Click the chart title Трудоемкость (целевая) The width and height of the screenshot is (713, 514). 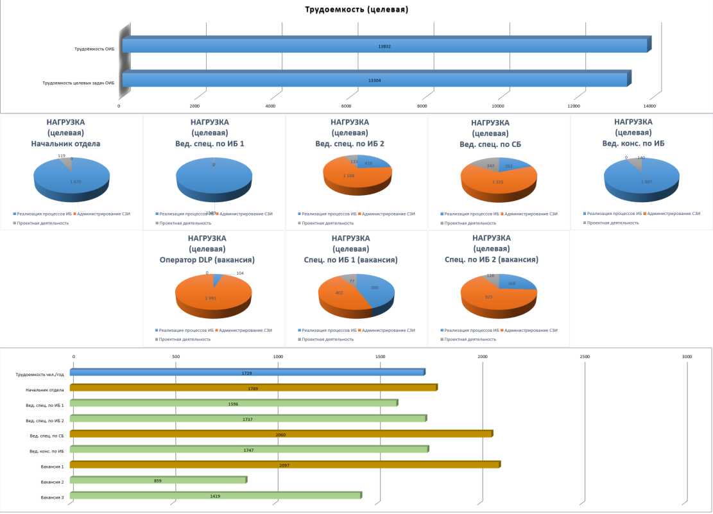[356, 10]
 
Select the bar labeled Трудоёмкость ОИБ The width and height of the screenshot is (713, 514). [385, 45]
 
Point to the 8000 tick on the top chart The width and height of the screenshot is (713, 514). [422, 106]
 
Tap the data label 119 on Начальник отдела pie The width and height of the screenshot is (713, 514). [62, 155]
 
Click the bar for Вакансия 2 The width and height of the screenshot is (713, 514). [158, 480]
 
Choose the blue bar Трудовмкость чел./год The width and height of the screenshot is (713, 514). [247, 372]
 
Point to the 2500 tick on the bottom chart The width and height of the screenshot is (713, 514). [585, 356]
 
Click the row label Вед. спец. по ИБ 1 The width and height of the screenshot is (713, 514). [44, 404]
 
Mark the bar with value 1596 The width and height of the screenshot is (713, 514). [234, 403]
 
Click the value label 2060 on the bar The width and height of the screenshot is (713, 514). [280, 434]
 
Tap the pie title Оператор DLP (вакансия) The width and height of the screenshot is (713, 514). [207, 260]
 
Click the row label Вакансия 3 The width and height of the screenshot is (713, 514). [52, 497]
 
